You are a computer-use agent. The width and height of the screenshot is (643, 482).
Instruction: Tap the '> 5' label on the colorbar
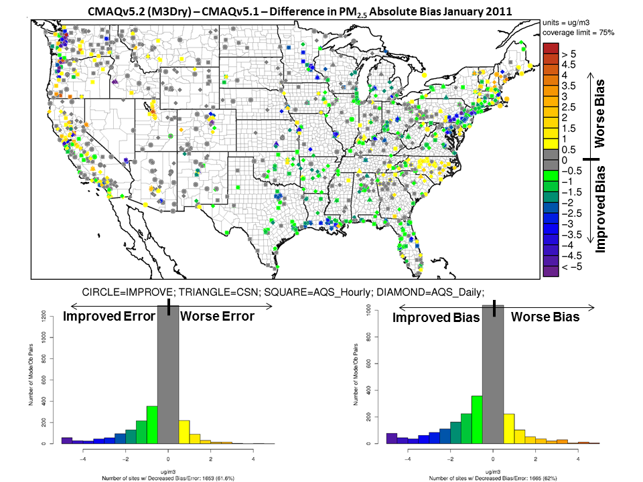pos(569,53)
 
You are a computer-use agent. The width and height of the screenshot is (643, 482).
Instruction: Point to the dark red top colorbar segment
pos(551,48)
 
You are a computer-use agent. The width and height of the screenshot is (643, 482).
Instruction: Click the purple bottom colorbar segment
pos(551,272)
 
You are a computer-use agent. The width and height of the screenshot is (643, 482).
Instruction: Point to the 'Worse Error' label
pos(218,317)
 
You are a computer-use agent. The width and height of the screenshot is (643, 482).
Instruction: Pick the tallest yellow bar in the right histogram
pos(509,428)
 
